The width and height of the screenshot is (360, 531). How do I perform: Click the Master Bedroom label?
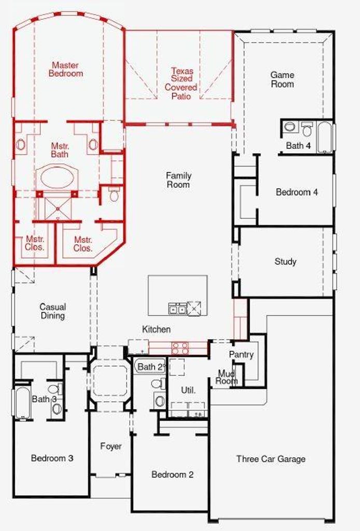[x=66, y=69]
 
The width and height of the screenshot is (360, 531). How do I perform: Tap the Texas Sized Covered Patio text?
[x=181, y=83]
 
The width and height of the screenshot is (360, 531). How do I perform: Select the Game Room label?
[x=282, y=79]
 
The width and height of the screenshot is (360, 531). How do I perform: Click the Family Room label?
[x=178, y=180]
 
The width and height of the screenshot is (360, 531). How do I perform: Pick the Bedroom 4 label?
[x=297, y=192]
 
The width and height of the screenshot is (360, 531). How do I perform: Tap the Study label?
[x=285, y=261]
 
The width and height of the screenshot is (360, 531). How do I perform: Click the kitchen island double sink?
[x=177, y=309]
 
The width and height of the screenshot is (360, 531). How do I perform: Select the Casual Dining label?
[x=52, y=311]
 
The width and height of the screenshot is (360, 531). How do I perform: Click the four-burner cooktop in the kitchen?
[x=180, y=348]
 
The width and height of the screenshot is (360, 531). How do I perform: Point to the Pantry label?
[x=241, y=355]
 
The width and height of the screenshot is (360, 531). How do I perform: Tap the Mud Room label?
[x=227, y=377]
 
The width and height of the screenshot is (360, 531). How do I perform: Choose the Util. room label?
[x=188, y=390]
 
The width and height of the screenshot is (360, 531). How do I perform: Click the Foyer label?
[x=110, y=446]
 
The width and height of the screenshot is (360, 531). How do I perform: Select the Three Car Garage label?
[x=271, y=459]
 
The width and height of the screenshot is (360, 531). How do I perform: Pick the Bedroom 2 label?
[x=172, y=474]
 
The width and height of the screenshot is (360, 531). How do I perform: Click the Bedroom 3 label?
[x=52, y=458]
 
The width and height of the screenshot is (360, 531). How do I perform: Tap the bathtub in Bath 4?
[x=325, y=137]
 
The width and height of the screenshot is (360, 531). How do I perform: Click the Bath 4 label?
[x=298, y=146]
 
